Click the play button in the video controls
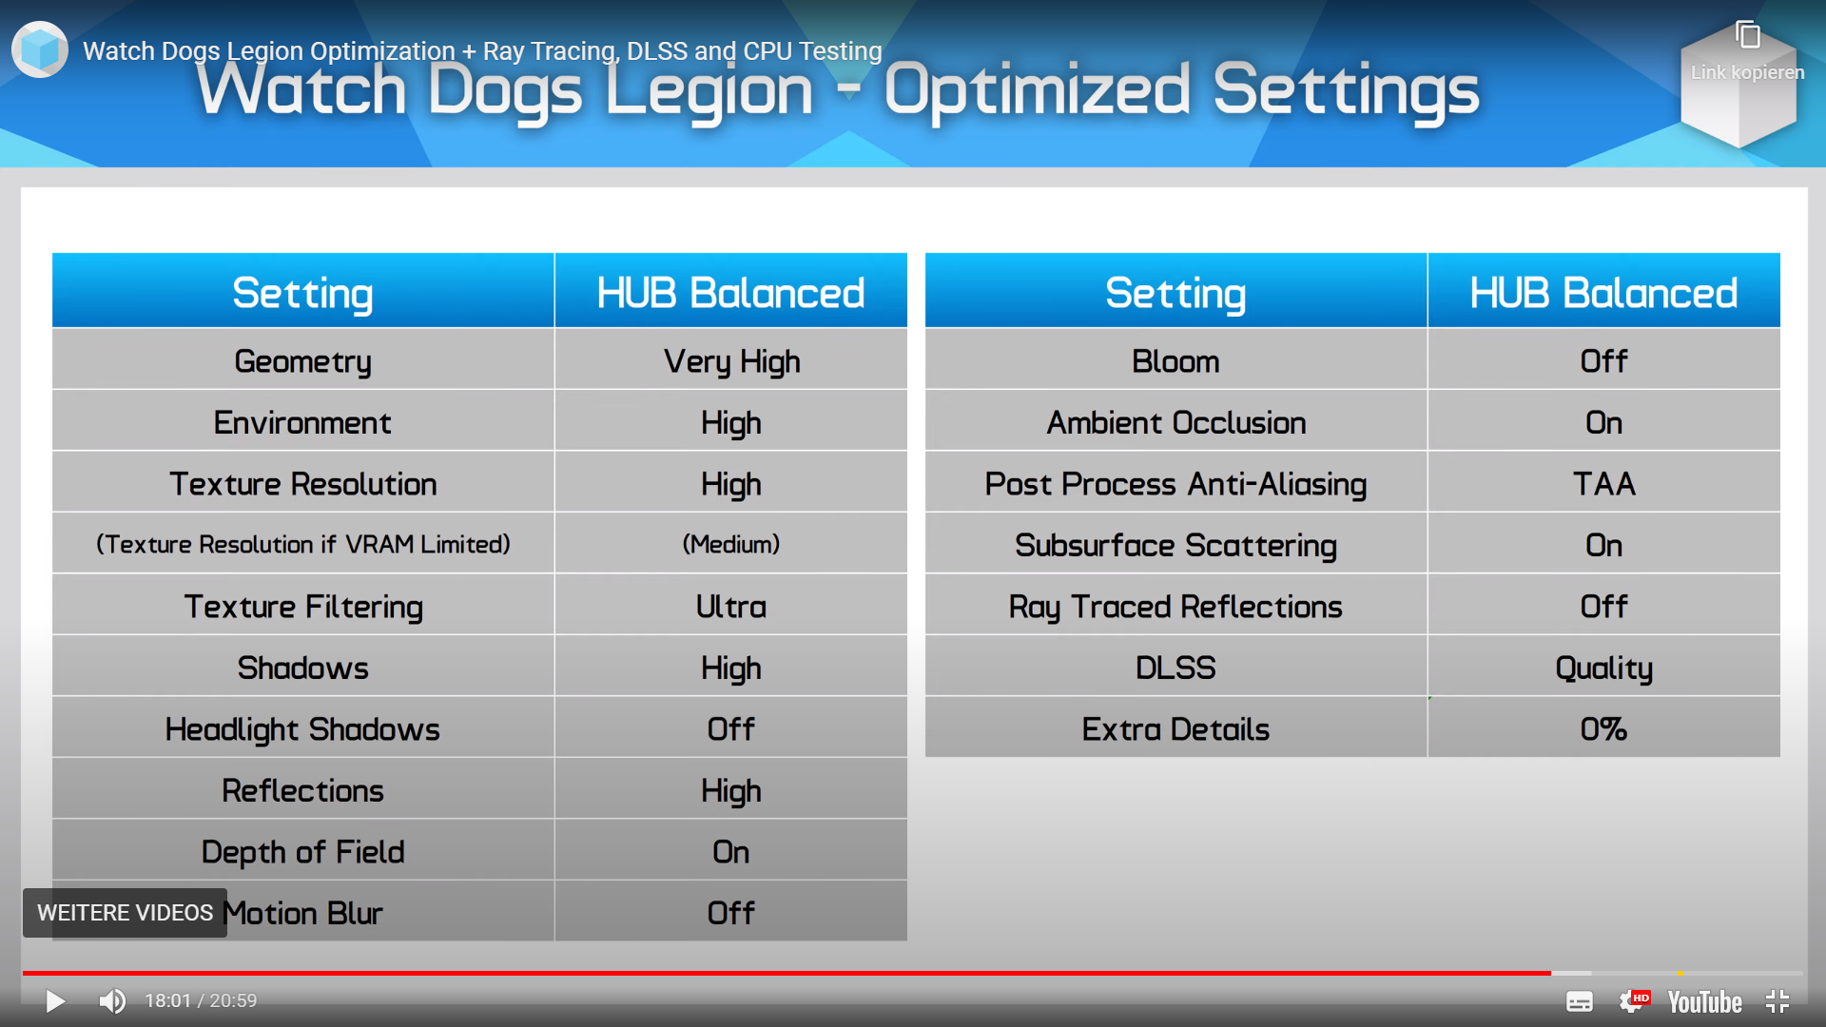pyautogui.click(x=55, y=1001)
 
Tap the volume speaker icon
pyautogui.click(x=112, y=1001)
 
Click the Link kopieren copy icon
pyautogui.click(x=1748, y=35)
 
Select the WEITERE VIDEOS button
pyautogui.click(x=125, y=913)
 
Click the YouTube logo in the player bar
pyautogui.click(x=1704, y=1002)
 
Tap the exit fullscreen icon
pyautogui.click(x=1777, y=1001)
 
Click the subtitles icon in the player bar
pyautogui.click(x=1580, y=1002)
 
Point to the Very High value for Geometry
pyautogui.click(x=731, y=362)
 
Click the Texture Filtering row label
pyautogui.click(x=303, y=608)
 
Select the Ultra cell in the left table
pyautogui.click(x=731, y=608)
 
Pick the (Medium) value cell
pyautogui.click(x=731, y=545)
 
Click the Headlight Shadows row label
pyautogui.click(x=302, y=730)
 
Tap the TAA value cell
pyautogui.click(x=1604, y=484)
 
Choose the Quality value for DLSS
pyautogui.click(x=1604, y=669)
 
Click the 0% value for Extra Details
pyautogui.click(x=1604, y=729)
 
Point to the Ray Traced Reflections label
pyautogui.click(x=1175, y=608)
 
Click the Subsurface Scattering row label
pyautogui.click(x=1175, y=546)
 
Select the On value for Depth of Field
pyautogui.click(x=731, y=852)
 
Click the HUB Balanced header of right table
pyautogui.click(x=1604, y=293)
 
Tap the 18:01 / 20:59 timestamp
pyautogui.click(x=201, y=1001)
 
